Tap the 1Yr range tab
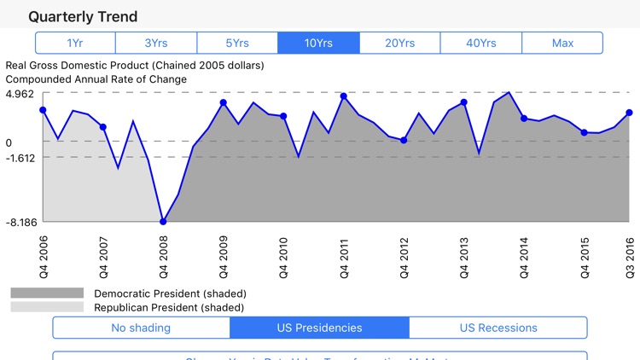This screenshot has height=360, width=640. coord(75,43)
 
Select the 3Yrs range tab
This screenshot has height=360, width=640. coord(156,43)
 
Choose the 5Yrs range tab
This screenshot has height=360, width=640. coord(237,43)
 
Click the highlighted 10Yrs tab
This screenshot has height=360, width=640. coord(318,43)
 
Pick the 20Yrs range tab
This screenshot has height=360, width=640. coord(399,43)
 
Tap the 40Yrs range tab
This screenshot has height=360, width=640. coord(480,43)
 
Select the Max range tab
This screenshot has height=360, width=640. coord(562,43)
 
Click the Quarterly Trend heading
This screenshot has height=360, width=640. coord(82,16)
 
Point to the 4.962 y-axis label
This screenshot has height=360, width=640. coord(20,94)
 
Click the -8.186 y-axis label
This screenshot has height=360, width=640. coord(20,222)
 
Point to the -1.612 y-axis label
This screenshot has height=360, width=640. coord(20,158)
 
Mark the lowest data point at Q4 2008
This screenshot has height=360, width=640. coord(163,222)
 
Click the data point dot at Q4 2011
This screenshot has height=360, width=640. coord(343,96)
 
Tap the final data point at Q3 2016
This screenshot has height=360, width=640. coord(629,113)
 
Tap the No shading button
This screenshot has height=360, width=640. coord(141,328)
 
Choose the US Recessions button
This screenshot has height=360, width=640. coord(498,328)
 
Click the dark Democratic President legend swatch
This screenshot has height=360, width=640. coord(47,293)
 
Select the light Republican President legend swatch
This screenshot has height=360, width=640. coord(47,307)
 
